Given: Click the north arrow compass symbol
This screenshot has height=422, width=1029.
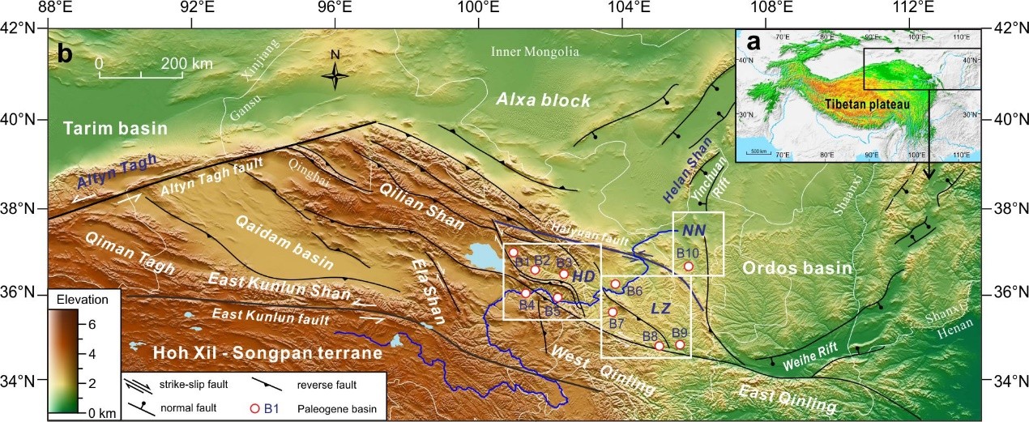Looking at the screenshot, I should (x=335, y=75).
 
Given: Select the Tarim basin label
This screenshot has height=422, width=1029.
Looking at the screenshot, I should (x=115, y=129).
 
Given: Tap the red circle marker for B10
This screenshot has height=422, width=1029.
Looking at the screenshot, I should (x=688, y=266).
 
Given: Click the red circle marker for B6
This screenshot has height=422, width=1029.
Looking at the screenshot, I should (x=615, y=283).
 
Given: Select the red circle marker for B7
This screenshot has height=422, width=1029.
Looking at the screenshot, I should (x=613, y=312).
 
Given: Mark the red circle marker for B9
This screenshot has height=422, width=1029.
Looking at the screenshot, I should (x=680, y=344).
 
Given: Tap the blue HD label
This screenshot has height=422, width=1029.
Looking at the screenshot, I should (x=583, y=276).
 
